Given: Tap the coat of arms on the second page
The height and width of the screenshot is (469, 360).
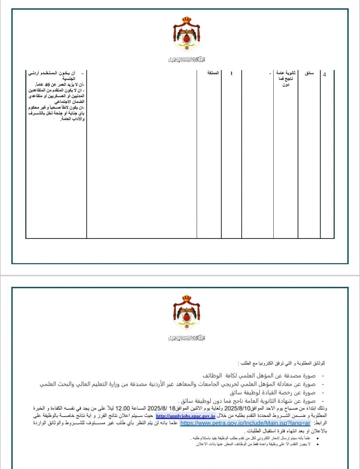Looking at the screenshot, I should click(187, 312).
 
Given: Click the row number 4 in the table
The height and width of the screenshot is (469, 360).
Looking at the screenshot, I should click(325, 75).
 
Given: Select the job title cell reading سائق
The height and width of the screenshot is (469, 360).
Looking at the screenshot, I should click(309, 73).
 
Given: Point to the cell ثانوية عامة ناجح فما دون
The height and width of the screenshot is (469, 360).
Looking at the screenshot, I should click(286, 78).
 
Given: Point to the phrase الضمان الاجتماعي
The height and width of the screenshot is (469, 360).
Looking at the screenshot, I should click(71, 101).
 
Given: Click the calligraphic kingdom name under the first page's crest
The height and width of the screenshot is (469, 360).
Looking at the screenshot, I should click(187, 60).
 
